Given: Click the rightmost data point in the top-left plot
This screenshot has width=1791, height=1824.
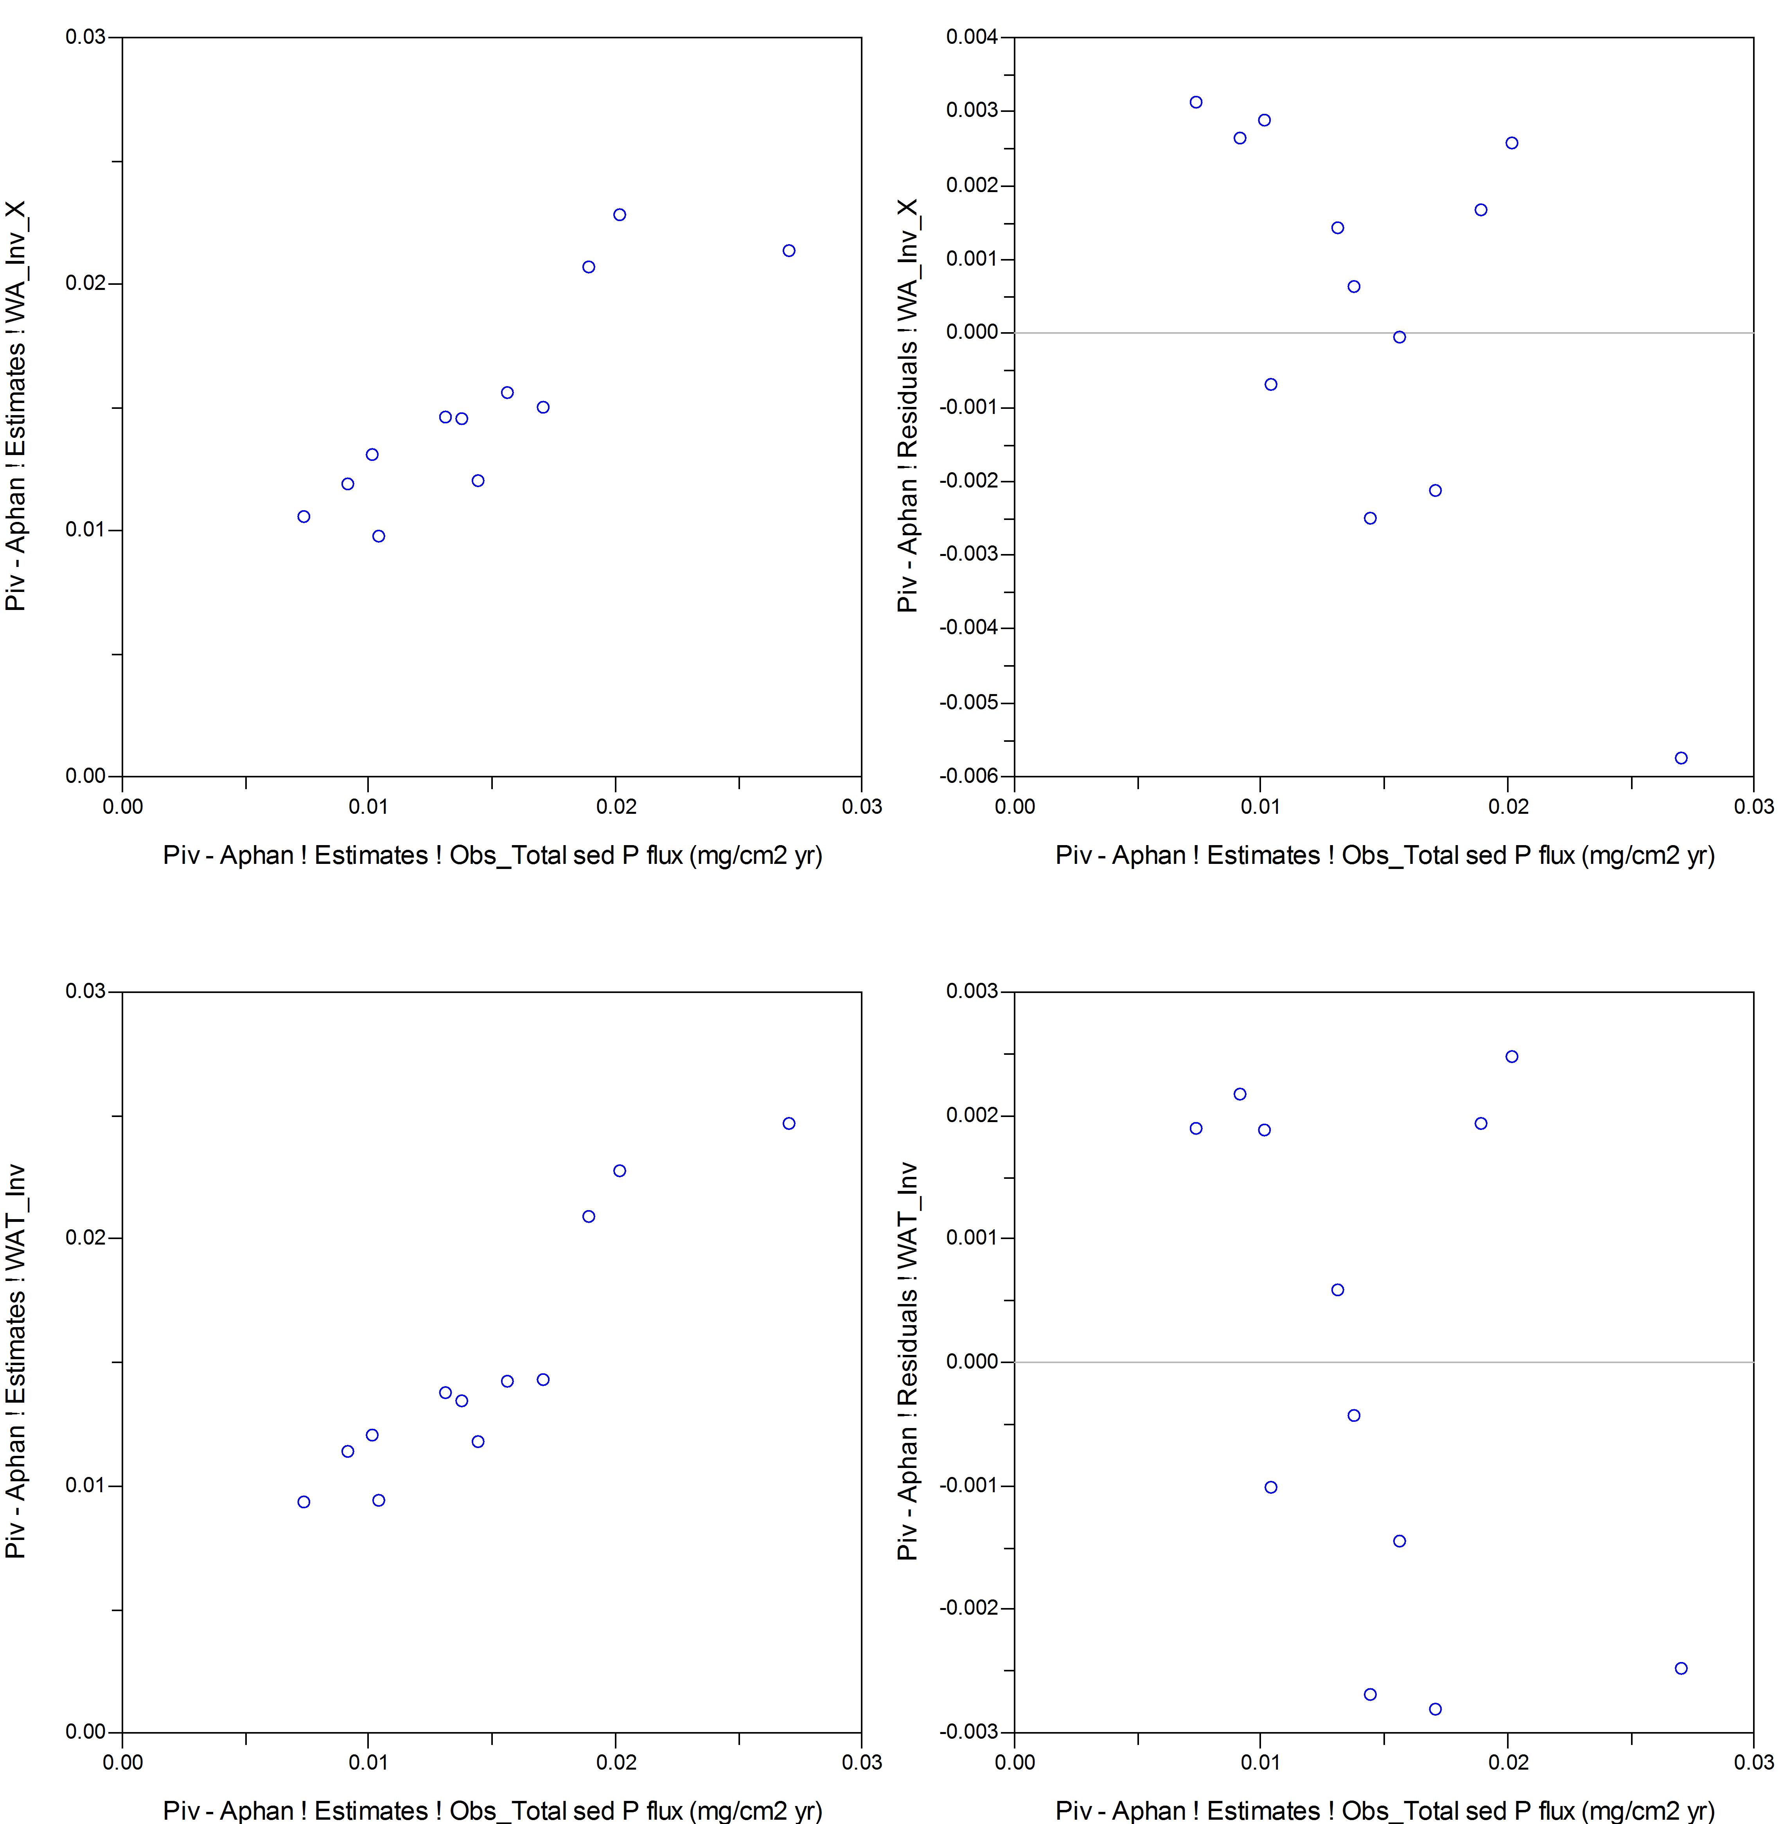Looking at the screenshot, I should [788, 250].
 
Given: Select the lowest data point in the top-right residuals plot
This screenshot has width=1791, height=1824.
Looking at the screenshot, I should [1681, 757].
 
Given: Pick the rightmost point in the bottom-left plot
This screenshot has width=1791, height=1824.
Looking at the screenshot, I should [788, 1123].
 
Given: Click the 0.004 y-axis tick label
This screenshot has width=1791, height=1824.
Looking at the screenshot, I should [972, 38].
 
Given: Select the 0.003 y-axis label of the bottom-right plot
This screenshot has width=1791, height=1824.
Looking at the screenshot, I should [972, 991].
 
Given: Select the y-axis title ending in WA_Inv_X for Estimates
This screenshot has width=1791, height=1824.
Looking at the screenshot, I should [16, 407].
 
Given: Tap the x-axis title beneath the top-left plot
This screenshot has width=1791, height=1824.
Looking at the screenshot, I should [492, 855].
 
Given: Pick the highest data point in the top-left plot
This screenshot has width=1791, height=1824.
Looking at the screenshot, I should [619, 214].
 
